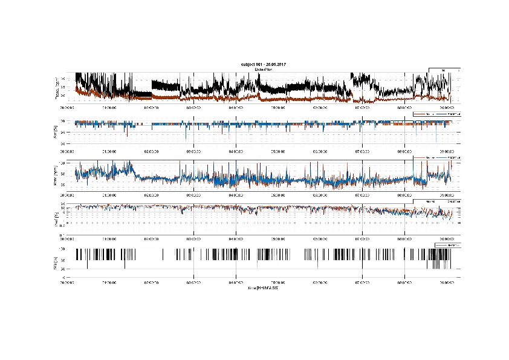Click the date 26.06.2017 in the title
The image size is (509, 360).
tap(274, 64)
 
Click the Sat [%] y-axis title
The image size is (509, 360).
tap(56, 130)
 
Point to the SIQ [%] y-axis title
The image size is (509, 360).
tap(56, 258)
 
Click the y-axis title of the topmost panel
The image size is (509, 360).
tap(56, 88)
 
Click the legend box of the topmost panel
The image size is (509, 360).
tap(444, 71)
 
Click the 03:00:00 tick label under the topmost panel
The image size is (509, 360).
tap(193, 106)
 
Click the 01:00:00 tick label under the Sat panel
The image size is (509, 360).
tap(109, 150)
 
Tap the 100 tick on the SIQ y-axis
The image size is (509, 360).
tap(62, 249)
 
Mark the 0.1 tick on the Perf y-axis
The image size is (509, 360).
tap(62, 223)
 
